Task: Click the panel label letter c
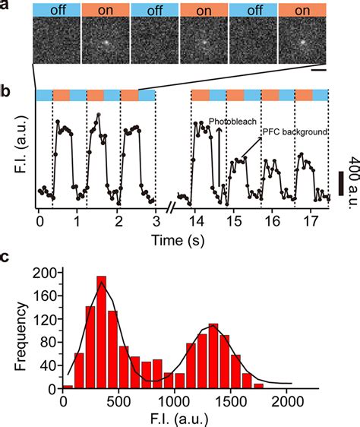click(x=7, y=257)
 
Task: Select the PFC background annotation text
click(x=295, y=132)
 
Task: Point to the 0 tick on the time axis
click(x=39, y=226)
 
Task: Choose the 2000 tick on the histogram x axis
click(x=287, y=403)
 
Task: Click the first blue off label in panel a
click(x=55, y=9)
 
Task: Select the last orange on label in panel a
click(x=302, y=9)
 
